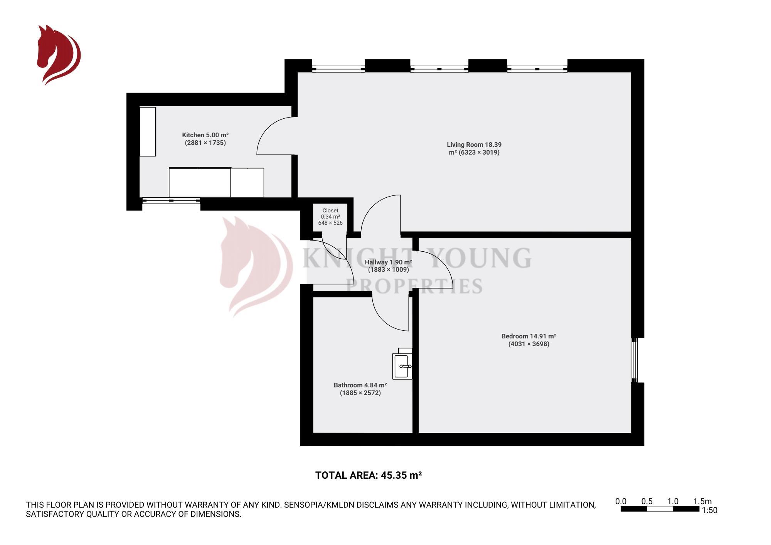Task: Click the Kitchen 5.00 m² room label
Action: point(205,135)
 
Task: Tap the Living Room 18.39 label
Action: point(474,145)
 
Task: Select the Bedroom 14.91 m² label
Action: point(529,336)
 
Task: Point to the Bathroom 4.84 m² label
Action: point(360,385)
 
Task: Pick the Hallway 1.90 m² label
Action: point(388,262)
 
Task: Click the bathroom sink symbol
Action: point(402,366)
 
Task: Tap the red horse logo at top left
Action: point(58,54)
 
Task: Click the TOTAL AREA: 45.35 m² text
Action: point(368,475)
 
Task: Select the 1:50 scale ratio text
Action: point(709,511)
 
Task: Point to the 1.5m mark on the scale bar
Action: point(702,501)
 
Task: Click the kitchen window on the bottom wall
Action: point(171,200)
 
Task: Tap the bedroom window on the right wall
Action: point(634,360)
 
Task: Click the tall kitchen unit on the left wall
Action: point(148,132)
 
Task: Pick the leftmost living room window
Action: point(338,69)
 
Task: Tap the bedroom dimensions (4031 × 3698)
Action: point(529,344)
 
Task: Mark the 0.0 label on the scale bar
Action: point(621,501)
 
